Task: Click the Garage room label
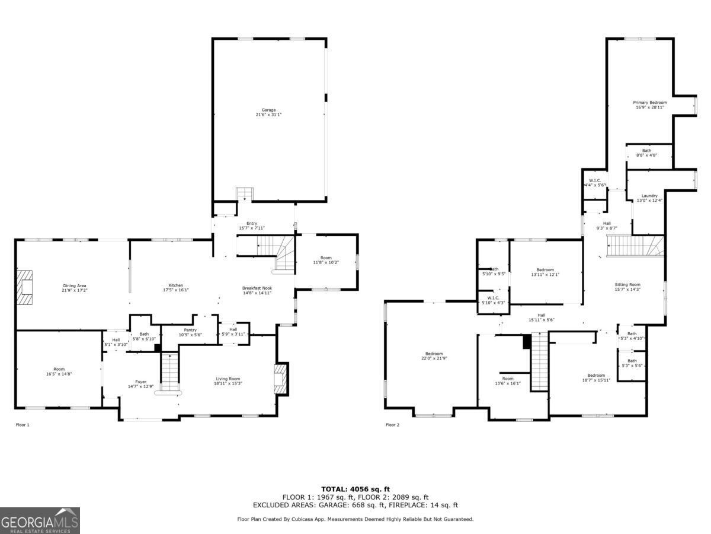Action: pyautogui.click(x=268, y=112)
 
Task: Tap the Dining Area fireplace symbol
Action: pyautogui.click(x=25, y=288)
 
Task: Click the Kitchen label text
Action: pyautogui.click(x=175, y=288)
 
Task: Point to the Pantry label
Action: pyautogui.click(x=190, y=332)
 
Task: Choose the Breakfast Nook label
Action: pyautogui.click(x=257, y=291)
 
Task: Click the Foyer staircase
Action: pyautogui.click(x=170, y=372)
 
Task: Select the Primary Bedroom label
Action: pyautogui.click(x=650, y=105)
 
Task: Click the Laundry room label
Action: pyautogui.click(x=649, y=198)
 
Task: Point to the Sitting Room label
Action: pyautogui.click(x=627, y=287)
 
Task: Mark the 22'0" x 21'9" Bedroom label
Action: pyautogui.click(x=434, y=356)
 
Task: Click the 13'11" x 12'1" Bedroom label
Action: pyautogui.click(x=545, y=272)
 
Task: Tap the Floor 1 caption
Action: pyautogui.click(x=22, y=425)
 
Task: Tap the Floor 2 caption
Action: pyautogui.click(x=393, y=425)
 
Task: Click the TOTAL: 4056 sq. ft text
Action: pyautogui.click(x=355, y=489)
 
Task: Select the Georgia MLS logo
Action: pyautogui.click(x=40, y=520)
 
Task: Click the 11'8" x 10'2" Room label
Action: pyautogui.click(x=326, y=260)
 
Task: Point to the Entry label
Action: pyautogui.click(x=252, y=225)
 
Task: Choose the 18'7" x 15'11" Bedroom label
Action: pyautogui.click(x=596, y=377)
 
